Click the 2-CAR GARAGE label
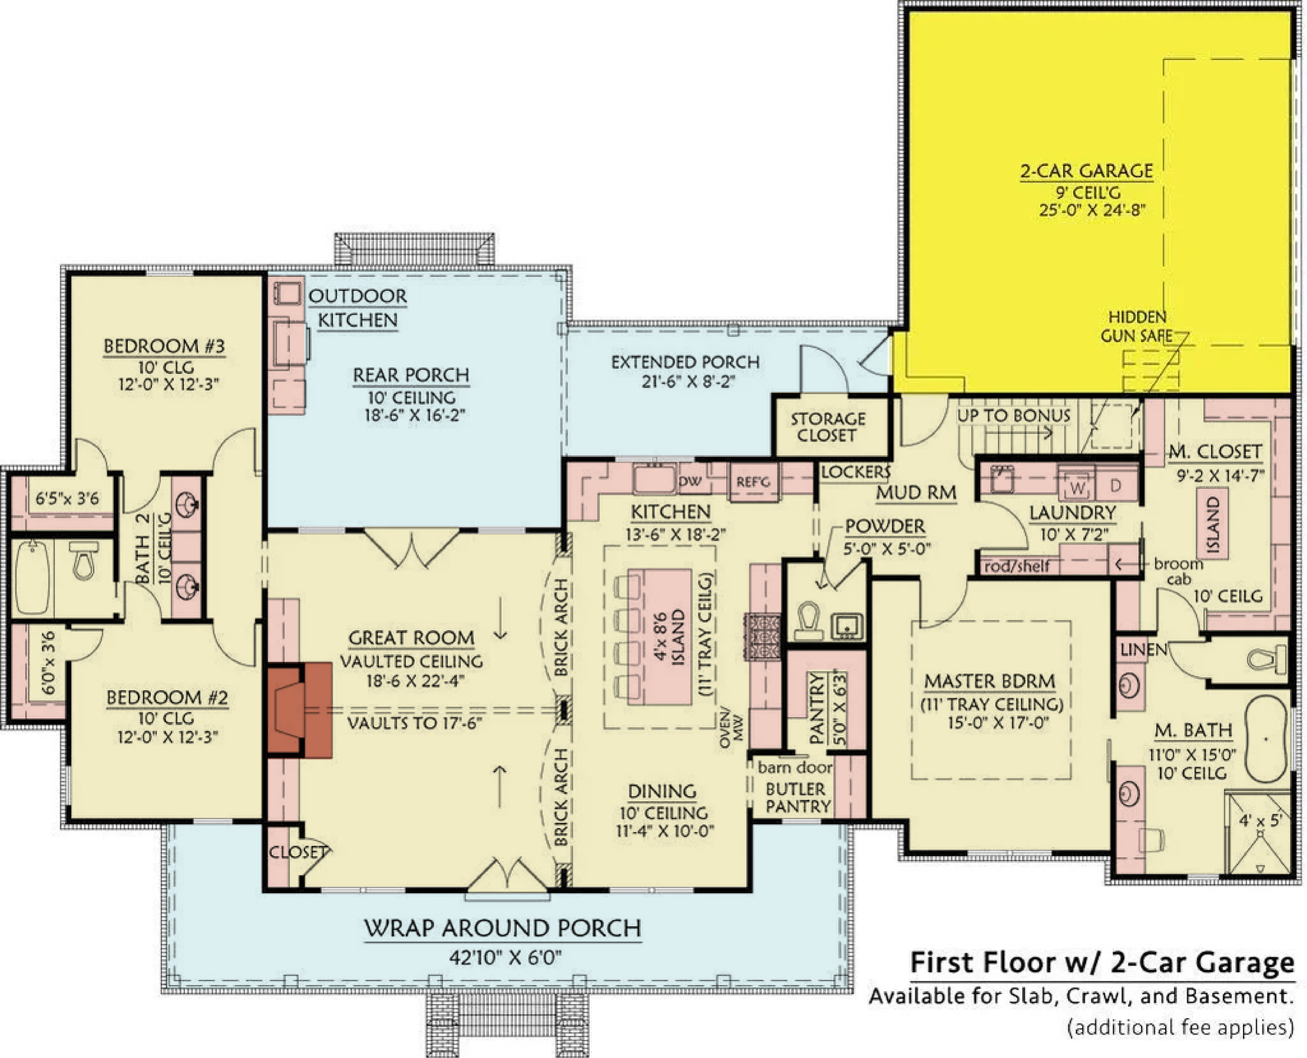click(1087, 171)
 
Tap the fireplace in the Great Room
click(299, 710)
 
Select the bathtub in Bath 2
click(32, 577)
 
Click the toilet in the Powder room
click(808, 620)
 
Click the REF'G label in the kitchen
click(753, 482)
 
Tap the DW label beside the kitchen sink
click(690, 482)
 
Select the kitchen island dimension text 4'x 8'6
click(661, 636)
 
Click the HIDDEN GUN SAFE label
click(1137, 327)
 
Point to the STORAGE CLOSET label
click(827, 427)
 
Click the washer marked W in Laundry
click(1077, 485)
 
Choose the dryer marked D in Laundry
click(1116, 485)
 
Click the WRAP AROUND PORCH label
click(503, 929)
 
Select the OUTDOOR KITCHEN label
click(357, 308)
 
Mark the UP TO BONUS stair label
click(1014, 416)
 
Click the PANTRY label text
click(817, 709)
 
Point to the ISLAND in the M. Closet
click(1213, 525)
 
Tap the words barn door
click(795, 767)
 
